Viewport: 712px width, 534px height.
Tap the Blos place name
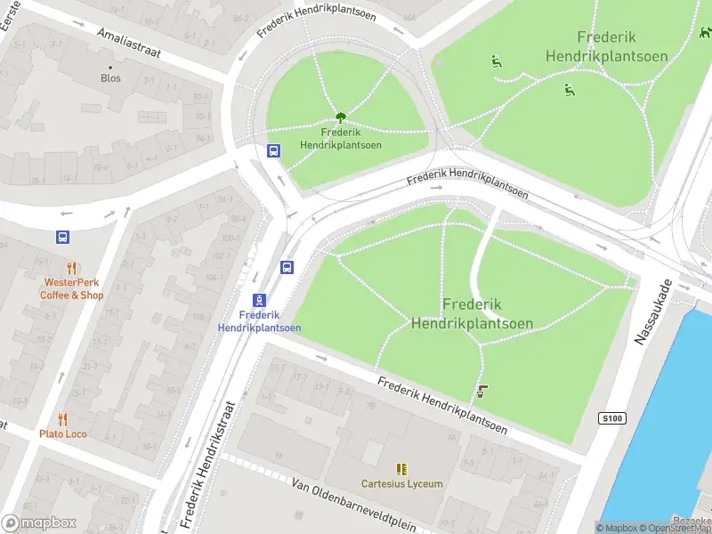110,78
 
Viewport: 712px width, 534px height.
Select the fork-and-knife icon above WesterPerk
71,268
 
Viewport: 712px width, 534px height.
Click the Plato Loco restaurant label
62,434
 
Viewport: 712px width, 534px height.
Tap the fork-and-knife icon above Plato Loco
62,418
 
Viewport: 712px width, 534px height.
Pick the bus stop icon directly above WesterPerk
62,238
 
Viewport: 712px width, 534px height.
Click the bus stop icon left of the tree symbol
273,150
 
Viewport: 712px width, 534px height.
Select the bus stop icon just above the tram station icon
287,267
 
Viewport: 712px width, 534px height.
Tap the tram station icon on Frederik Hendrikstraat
259,300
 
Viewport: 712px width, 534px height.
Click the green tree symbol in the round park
340,117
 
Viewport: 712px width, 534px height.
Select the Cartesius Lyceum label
401,484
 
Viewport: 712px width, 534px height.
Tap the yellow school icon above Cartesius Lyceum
401,468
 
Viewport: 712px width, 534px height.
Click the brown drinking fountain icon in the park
483,391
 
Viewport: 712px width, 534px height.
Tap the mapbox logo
37,523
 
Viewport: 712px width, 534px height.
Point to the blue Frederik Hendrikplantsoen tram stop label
259,321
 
